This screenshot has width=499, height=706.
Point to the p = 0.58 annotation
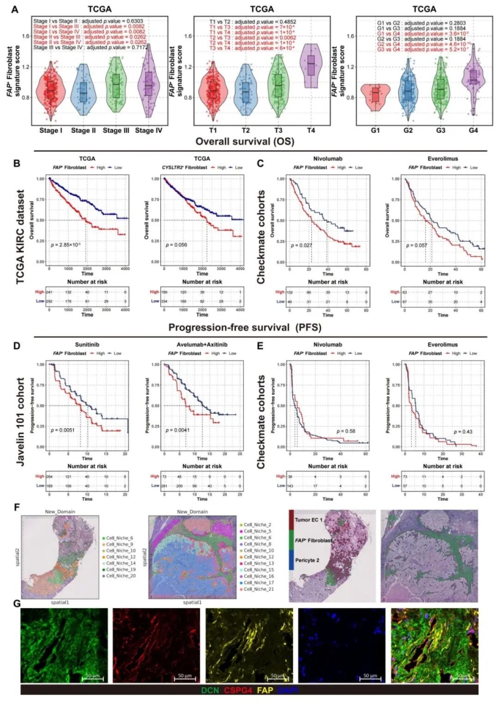(345, 413)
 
